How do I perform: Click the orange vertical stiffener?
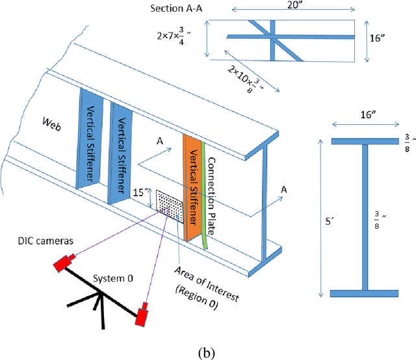tap(192, 188)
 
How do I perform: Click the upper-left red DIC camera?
tap(62, 263)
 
